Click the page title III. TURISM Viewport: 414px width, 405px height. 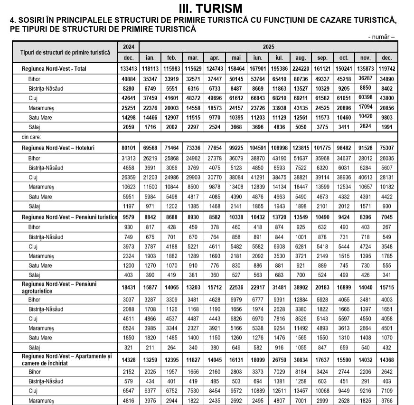tap(210, 8)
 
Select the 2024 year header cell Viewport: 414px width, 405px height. tap(128, 47)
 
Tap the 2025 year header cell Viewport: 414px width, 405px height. tap(268, 47)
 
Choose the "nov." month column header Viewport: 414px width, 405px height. tap(366, 57)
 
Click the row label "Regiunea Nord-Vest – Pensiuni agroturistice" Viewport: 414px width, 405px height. tap(59, 287)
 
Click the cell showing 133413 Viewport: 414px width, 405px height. tap(128, 69)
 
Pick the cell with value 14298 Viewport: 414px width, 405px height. tap(128, 117)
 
